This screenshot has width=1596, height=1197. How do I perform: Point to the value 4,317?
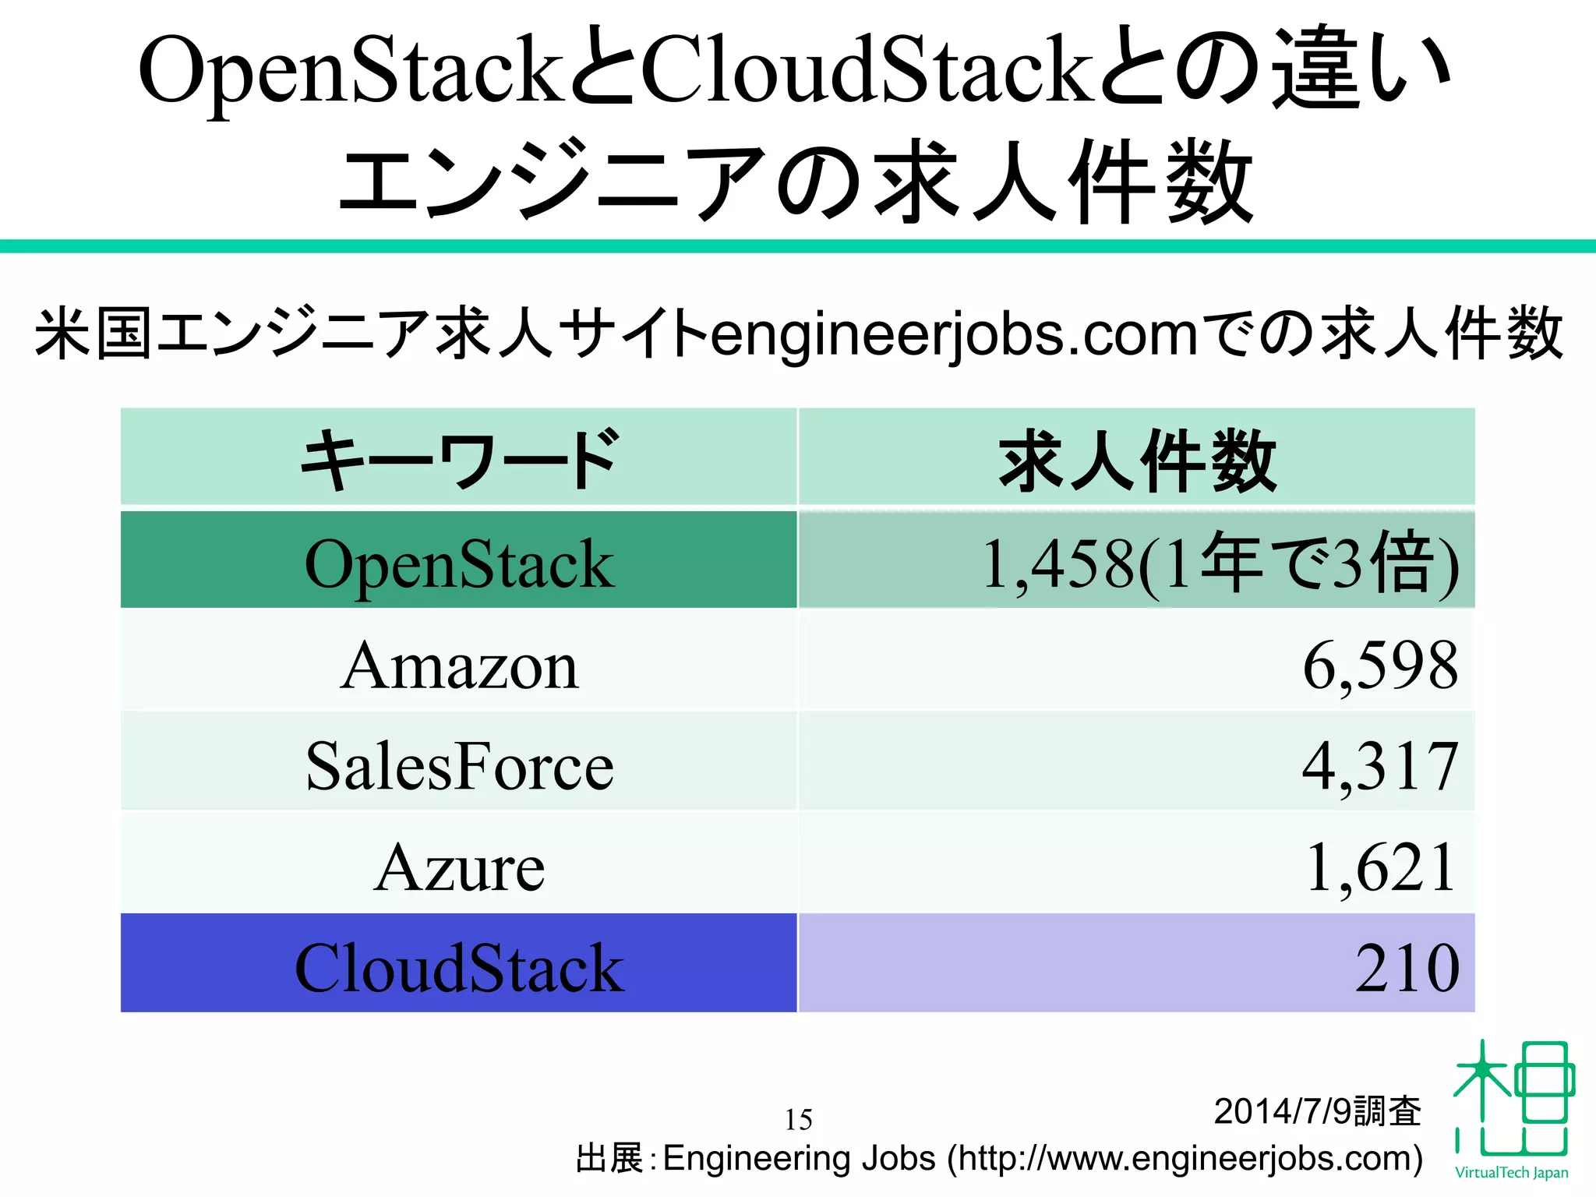1379,767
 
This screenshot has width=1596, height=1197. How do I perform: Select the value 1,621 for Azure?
1379,867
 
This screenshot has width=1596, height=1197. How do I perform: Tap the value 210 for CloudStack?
1407,968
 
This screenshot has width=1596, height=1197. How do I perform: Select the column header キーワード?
459,460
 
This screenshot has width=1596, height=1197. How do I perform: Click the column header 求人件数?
1137,460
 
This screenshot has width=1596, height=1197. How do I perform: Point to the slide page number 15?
798,1120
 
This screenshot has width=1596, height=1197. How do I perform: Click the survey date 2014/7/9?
1283,1111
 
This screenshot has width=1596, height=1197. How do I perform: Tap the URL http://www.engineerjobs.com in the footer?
1185,1159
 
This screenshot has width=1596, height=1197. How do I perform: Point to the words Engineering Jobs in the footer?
798,1159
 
